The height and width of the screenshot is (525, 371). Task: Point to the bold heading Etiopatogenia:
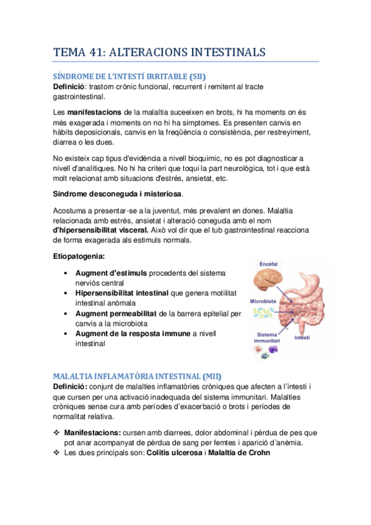coord(79,256)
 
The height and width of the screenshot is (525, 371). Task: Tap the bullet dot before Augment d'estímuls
coord(65,274)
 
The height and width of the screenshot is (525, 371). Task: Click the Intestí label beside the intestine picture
coord(302,338)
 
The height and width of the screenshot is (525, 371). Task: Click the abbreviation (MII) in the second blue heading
coord(211,376)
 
